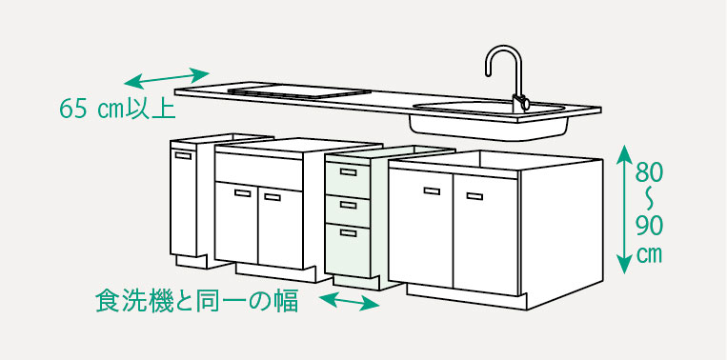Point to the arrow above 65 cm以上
coord(168,76)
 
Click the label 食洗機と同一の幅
coord(196,301)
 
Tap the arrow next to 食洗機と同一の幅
coord(349,303)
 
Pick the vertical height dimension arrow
coord(623,208)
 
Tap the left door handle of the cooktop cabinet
coord(241,193)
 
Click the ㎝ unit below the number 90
coord(650,255)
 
